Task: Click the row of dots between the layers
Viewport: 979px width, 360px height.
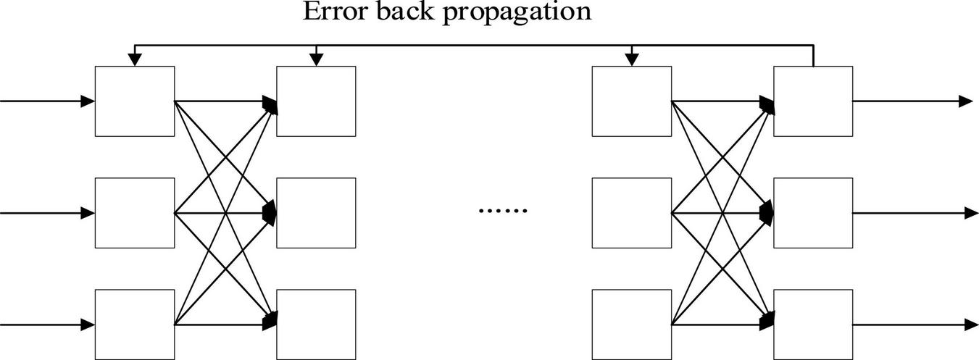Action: click(504, 211)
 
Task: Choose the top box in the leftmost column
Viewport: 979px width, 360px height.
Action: click(135, 101)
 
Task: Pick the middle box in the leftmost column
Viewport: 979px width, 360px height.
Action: click(135, 213)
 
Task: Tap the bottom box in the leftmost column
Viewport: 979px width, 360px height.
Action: click(135, 324)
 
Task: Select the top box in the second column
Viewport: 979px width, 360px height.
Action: click(316, 101)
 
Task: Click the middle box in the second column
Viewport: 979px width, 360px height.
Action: click(316, 213)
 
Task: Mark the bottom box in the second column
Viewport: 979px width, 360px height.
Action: click(316, 324)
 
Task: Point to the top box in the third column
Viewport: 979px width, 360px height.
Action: click(632, 101)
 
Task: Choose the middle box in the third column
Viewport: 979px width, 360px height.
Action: click(632, 213)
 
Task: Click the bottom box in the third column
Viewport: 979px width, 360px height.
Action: click(632, 324)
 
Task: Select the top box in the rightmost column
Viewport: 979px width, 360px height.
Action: click(813, 101)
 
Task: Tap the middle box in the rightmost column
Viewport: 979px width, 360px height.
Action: click(813, 213)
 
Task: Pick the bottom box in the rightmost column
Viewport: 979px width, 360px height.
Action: click(813, 324)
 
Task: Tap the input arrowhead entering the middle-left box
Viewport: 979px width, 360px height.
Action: click(88, 213)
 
